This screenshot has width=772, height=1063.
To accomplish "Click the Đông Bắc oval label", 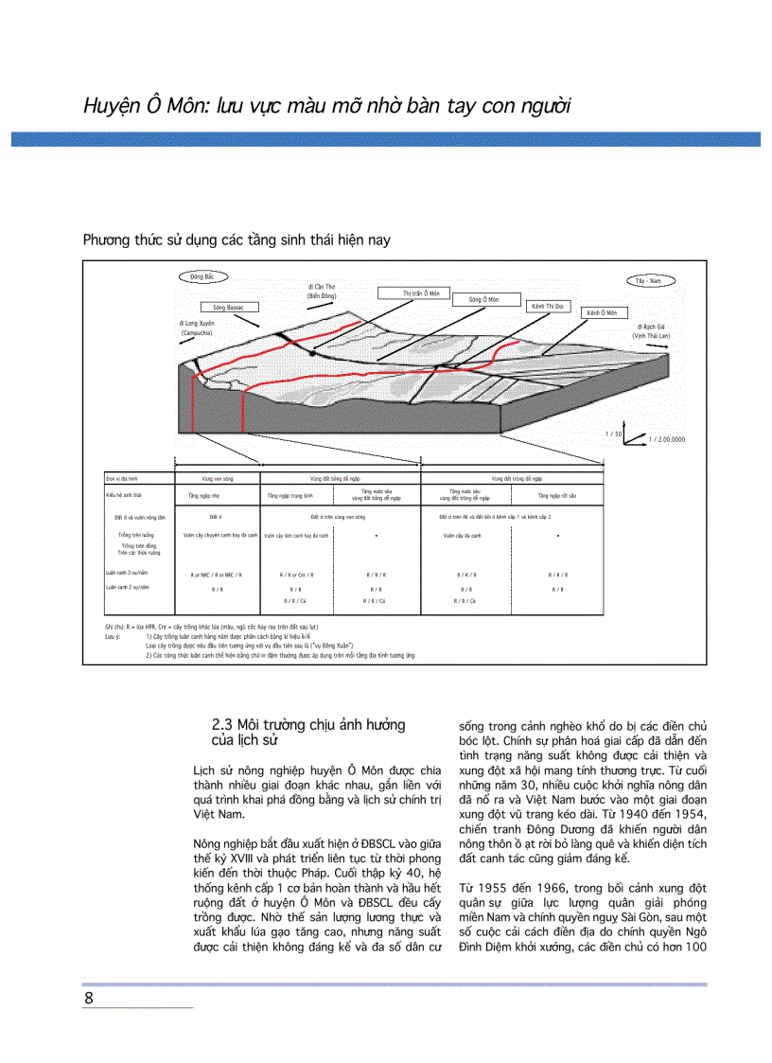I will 202,277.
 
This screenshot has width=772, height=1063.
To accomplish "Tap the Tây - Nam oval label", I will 648,281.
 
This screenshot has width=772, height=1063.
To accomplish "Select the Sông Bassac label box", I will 222,308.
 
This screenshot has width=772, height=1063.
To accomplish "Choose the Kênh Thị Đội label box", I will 548,307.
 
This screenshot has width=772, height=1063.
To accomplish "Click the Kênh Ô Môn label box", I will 601,313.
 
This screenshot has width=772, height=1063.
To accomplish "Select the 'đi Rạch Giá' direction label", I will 652,331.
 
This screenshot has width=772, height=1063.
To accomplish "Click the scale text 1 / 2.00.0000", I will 666,440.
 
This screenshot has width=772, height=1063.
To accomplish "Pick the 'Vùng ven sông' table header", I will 217,480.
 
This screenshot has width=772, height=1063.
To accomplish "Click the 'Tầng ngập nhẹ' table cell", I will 217,495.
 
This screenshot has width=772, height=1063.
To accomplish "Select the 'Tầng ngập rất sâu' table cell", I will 557,495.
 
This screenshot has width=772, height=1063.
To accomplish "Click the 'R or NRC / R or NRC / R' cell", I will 217,575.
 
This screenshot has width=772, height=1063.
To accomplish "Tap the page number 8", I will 89,999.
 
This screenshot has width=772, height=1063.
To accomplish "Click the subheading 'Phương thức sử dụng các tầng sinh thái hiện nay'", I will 237,240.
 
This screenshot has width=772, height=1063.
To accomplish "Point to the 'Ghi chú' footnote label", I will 115,628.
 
